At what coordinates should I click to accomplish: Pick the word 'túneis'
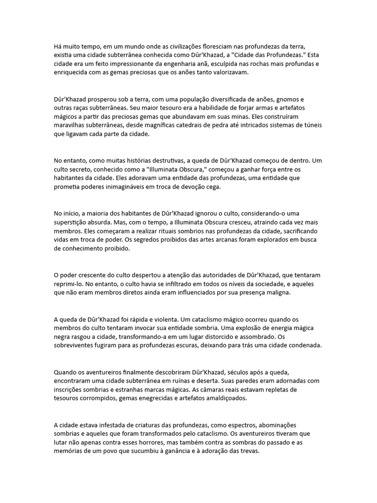click(311, 125)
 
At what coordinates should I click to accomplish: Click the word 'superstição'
click(74, 223)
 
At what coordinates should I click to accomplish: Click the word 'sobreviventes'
click(76, 346)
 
